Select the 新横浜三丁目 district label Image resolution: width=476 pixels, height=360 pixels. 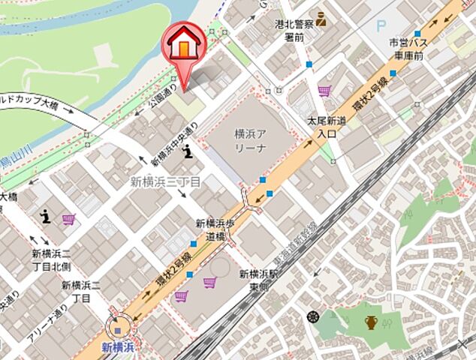[166, 181]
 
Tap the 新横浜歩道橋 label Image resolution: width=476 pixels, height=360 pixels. [217, 229]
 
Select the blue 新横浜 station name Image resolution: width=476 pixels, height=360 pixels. [117, 347]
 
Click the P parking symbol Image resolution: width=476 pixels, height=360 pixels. [381, 25]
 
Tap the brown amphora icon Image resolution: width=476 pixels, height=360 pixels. [371, 323]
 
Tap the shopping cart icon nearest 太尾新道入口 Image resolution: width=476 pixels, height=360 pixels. [324, 91]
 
